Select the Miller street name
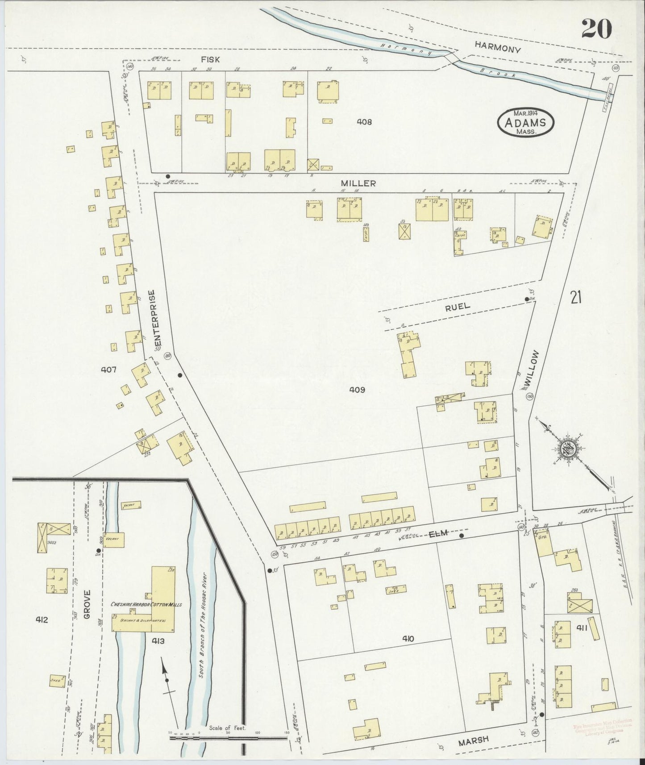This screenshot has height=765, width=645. (358, 183)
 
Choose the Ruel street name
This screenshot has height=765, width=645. (457, 306)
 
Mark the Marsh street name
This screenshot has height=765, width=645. (473, 740)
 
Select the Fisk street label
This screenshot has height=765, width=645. (210, 59)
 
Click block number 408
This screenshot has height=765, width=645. (364, 121)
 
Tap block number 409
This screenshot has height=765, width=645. (357, 390)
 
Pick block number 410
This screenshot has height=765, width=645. (407, 639)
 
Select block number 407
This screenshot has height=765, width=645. (108, 370)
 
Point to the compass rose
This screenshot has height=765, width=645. (569, 448)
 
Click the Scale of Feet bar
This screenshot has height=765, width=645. (229, 737)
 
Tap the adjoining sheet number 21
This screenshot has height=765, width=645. (575, 297)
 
